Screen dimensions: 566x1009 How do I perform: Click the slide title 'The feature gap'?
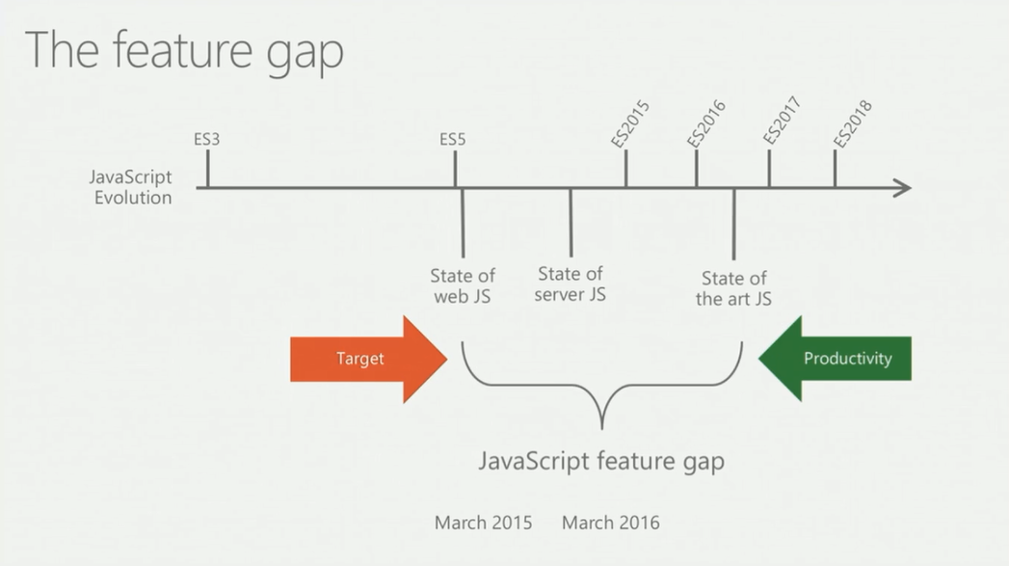(x=184, y=50)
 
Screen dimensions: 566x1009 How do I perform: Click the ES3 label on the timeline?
(x=207, y=139)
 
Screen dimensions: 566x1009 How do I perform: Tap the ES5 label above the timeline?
(x=453, y=139)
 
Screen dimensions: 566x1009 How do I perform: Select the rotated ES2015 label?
(x=631, y=123)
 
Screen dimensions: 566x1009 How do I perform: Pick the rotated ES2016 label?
(x=706, y=123)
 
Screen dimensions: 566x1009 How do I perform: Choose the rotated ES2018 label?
(x=852, y=123)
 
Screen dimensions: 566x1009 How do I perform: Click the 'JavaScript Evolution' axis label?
(x=130, y=188)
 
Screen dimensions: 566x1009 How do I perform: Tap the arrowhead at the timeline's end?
(x=902, y=188)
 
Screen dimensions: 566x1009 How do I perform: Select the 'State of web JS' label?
(x=463, y=286)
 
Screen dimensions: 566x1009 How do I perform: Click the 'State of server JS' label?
(x=571, y=284)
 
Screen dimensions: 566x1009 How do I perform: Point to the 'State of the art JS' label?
(x=734, y=288)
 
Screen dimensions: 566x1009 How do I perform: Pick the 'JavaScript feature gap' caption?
(x=601, y=461)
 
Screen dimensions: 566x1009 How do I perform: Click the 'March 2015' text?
(x=483, y=523)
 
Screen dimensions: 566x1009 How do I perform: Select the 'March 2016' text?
(x=611, y=523)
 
